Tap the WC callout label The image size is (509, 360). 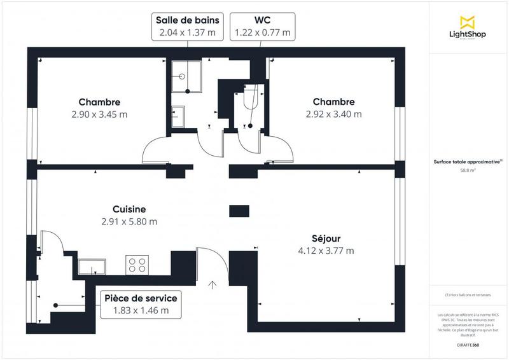click(x=262, y=26)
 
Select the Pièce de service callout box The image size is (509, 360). click(x=141, y=304)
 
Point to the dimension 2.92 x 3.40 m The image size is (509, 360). click(x=333, y=114)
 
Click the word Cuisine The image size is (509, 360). click(x=129, y=209)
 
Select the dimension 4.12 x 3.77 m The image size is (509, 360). click(x=325, y=251)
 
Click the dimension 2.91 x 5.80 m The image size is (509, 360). click(x=129, y=222)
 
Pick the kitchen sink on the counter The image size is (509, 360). click(x=92, y=265)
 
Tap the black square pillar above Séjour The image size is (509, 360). click(x=239, y=211)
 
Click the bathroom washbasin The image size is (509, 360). click(x=178, y=116)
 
